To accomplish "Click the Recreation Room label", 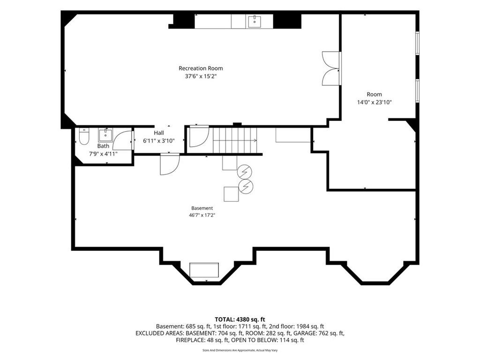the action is (201, 68).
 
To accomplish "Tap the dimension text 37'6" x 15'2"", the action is (201, 76).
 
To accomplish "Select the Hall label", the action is (158, 133).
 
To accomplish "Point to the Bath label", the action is (103, 146).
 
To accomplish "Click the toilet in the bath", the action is (83, 136).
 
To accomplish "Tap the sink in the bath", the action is (105, 135).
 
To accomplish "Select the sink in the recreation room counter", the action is (255, 21).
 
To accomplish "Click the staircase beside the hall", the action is (235, 140).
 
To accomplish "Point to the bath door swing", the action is (122, 140).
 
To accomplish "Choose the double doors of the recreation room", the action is (331, 68).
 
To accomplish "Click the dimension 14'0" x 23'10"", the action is (375, 102).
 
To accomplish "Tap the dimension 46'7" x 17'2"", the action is (202, 215).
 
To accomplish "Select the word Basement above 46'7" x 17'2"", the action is (202, 208).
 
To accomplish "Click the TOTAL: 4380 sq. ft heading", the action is (240, 320).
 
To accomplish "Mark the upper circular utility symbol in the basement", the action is (245, 172).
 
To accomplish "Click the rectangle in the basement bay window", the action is (204, 270).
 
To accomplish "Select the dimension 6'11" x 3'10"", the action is (158, 141).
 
